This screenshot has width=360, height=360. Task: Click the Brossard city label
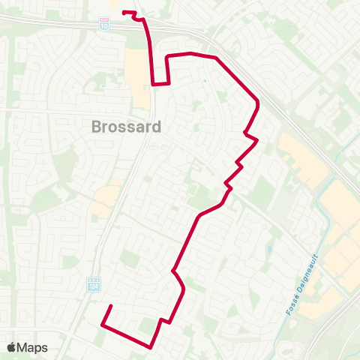pos(126,127)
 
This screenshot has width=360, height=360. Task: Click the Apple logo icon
pos(11,347)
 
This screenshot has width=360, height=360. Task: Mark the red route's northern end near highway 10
pos(124,12)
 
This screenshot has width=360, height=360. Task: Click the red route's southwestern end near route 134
pos(111,306)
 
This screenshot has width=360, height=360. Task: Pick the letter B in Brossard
pos(97,127)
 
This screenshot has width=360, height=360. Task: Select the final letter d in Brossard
pos(156,127)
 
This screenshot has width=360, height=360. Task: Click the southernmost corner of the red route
pos(151,347)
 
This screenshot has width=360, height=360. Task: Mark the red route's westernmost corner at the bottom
pos(101,324)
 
